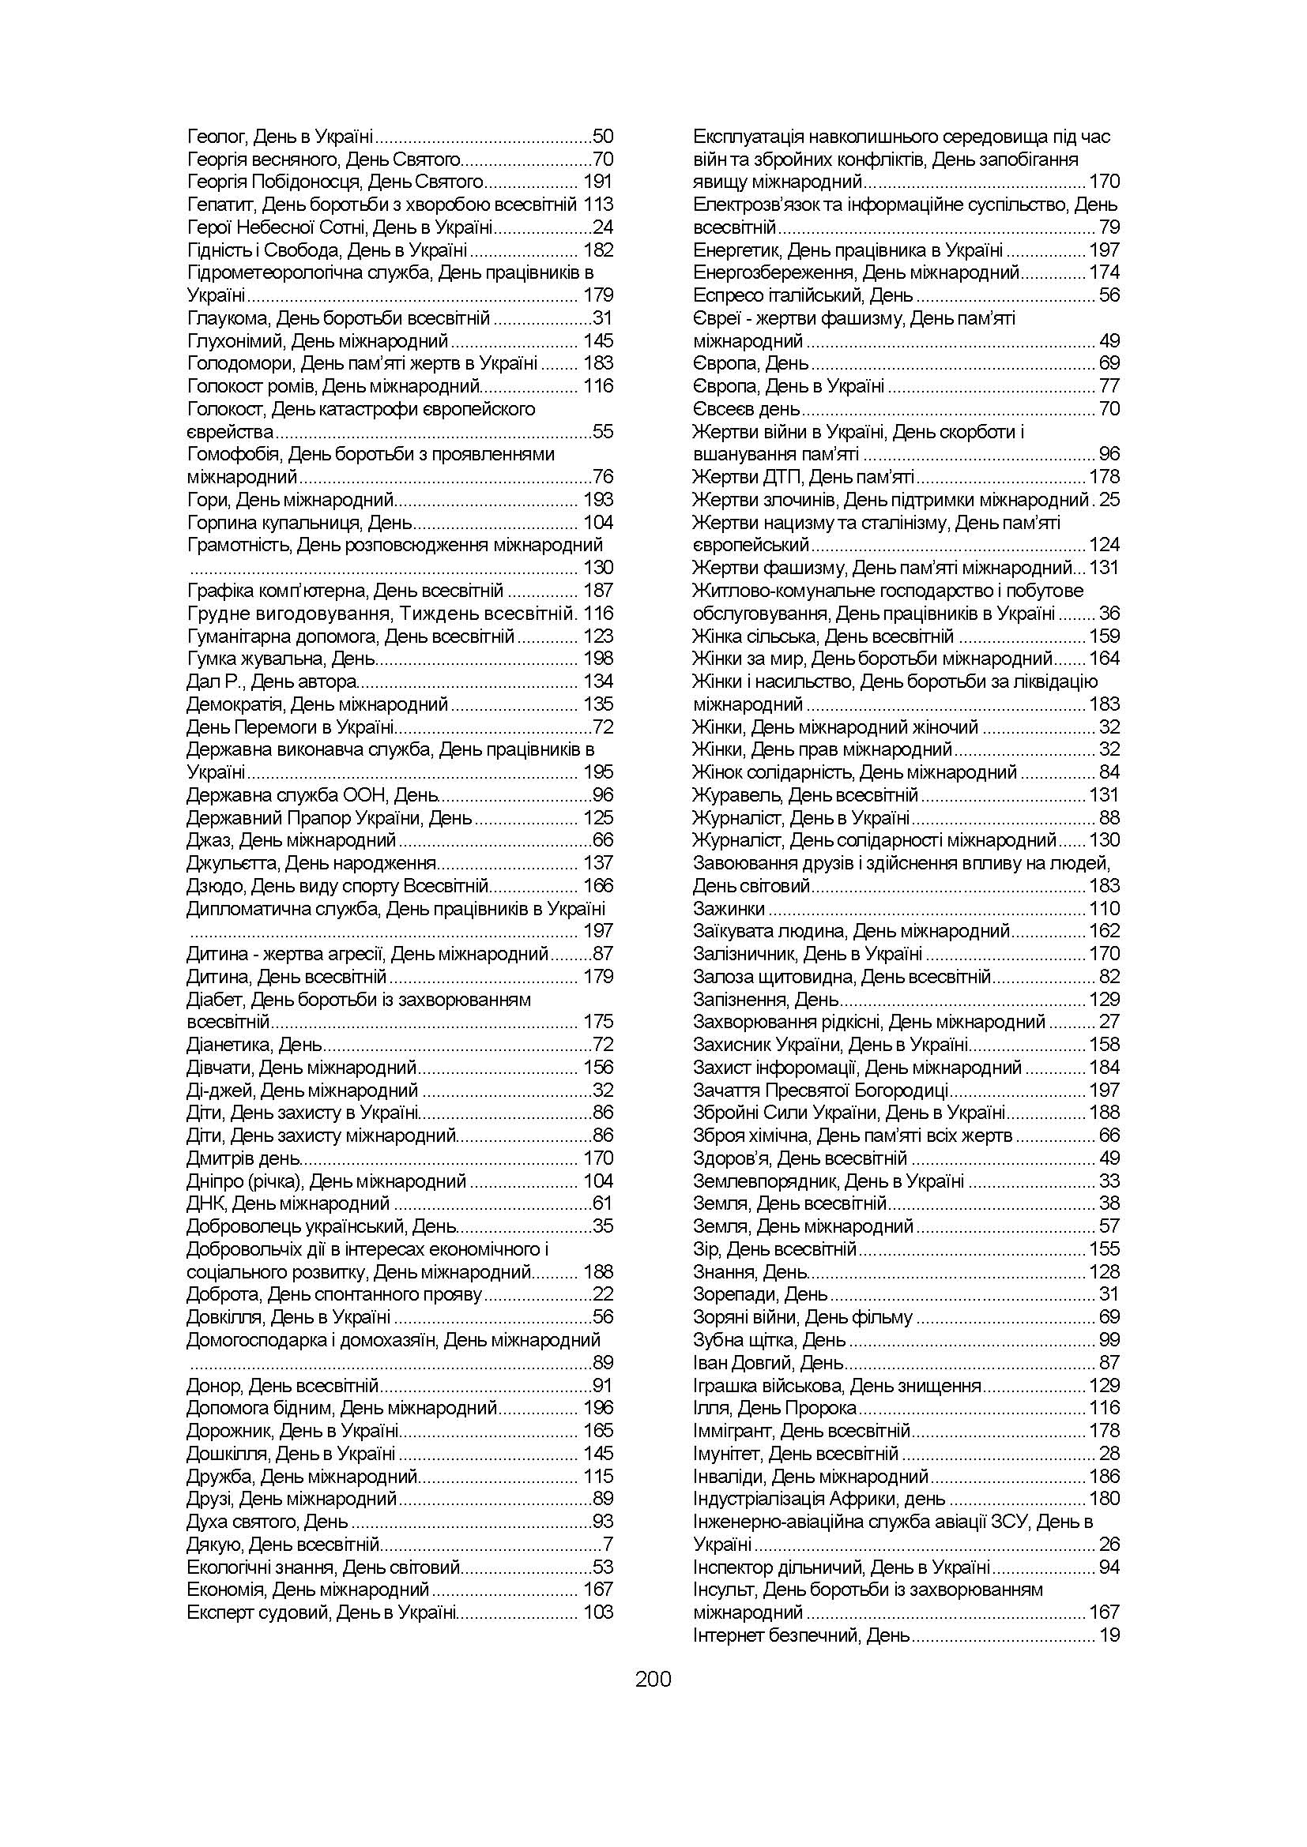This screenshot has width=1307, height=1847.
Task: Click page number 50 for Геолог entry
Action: tap(603, 137)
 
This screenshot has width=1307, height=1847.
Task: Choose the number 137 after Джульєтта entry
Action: tap(598, 863)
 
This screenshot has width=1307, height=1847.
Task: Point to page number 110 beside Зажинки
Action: tap(1104, 909)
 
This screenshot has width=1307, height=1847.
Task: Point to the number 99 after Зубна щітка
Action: tap(1109, 1340)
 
